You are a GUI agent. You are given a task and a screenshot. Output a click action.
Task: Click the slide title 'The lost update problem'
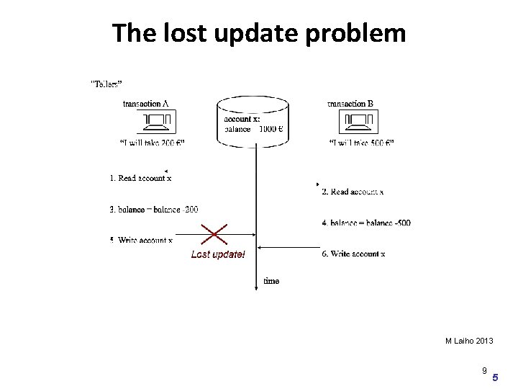[x=259, y=33]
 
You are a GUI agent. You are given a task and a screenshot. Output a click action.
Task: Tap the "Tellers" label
[x=105, y=84]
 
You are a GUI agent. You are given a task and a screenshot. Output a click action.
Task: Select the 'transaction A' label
[x=146, y=104]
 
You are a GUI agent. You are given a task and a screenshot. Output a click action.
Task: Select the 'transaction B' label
[x=350, y=104]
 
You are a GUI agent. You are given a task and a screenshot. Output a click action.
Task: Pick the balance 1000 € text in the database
[x=253, y=130]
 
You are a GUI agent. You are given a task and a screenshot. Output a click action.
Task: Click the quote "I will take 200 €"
[x=152, y=143]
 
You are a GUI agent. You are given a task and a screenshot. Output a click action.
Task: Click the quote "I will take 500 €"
[x=361, y=143]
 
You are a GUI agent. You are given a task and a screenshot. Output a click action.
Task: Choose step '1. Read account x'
[x=140, y=177]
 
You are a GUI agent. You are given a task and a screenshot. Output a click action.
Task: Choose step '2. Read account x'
[x=353, y=192]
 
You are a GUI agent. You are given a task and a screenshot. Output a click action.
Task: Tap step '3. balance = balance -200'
[x=154, y=210]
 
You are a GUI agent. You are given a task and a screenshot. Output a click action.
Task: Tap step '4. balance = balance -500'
[x=366, y=223]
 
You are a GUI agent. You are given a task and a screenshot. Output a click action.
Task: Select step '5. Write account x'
[x=141, y=240]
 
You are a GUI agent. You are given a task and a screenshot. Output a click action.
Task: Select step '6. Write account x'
[x=353, y=254]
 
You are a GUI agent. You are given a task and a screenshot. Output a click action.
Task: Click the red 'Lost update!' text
[x=217, y=254]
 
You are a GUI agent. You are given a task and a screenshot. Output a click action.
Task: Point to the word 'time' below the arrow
[x=271, y=281]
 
